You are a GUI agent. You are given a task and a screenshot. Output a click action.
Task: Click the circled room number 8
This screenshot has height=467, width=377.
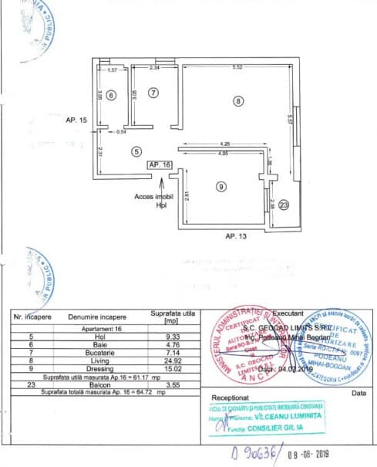point(239,101)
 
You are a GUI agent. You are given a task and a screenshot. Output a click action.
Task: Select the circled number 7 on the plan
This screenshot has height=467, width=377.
point(153,93)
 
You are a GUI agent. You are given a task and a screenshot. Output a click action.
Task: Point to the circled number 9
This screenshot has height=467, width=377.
point(220,186)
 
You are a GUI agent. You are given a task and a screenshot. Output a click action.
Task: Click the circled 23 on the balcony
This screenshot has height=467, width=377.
point(284,205)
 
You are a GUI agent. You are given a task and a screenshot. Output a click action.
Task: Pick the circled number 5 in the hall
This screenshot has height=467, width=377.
point(136,151)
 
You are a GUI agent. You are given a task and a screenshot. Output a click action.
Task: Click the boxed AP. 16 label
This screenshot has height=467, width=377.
point(159,164)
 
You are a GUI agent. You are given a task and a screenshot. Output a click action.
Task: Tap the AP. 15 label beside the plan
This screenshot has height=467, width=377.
point(77,120)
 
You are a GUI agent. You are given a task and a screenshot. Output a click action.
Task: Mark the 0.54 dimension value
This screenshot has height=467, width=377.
point(121,131)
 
